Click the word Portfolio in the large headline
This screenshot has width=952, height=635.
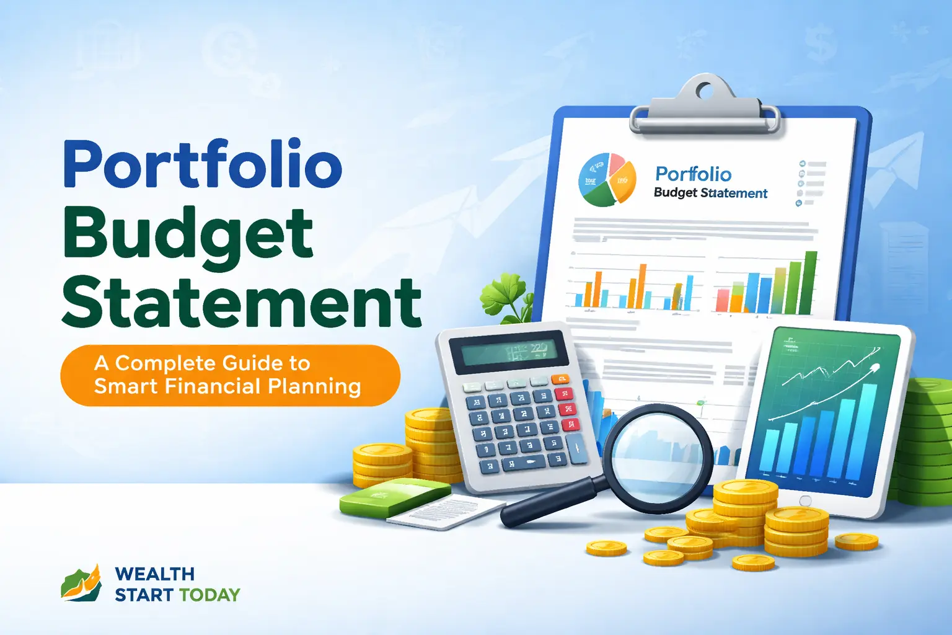(202, 164)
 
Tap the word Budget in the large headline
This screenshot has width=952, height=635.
(187, 234)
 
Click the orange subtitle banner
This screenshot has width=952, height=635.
(229, 375)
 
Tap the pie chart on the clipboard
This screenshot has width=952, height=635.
(607, 180)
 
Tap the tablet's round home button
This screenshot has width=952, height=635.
(804, 500)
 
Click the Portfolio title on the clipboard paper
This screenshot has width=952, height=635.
(693, 174)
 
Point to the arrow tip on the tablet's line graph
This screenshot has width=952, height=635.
(876, 368)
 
